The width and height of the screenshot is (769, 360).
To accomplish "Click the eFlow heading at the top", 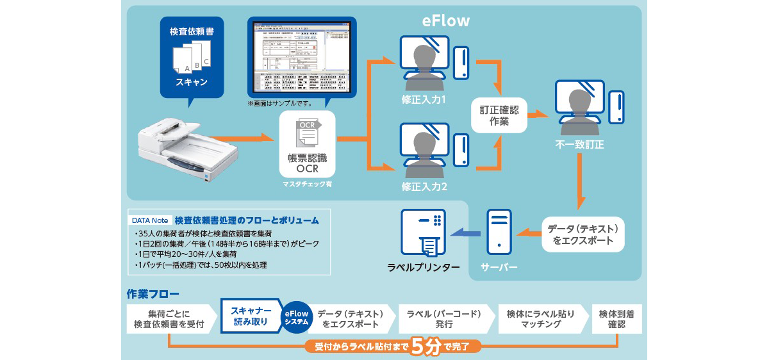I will pos(446,20).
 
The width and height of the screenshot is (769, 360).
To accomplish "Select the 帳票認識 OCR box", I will pos(307,145).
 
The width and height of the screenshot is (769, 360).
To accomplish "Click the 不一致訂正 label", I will pos(579,145).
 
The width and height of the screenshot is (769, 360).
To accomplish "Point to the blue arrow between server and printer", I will pos(466,234).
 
